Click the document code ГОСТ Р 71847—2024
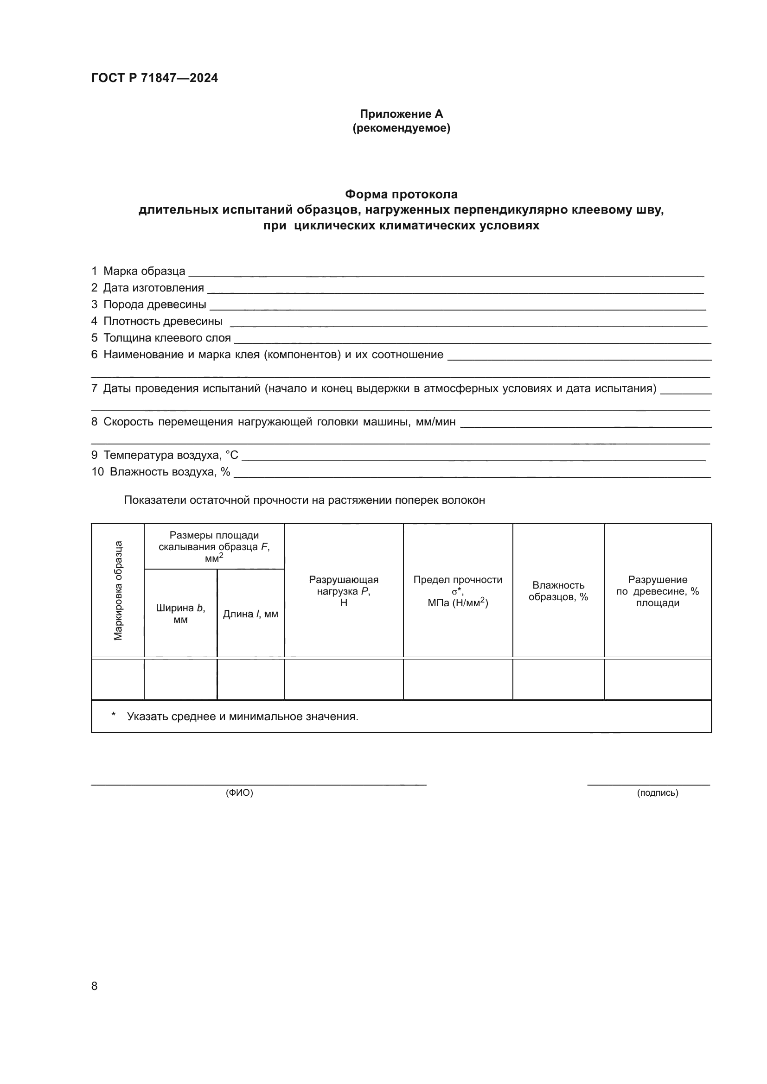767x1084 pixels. [154, 78]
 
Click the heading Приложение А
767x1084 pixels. [401, 114]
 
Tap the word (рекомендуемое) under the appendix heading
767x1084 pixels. [401, 128]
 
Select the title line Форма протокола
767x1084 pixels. [401, 195]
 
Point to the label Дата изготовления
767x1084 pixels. [153, 288]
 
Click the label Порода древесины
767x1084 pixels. [154, 304]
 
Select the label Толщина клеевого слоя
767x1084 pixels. [167, 338]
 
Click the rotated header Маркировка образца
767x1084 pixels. [118, 590]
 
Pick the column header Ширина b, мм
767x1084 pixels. [180, 613]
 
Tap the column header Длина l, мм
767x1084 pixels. [250, 614]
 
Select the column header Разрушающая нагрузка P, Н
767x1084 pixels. [343, 590]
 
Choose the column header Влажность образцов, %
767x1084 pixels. [558, 590]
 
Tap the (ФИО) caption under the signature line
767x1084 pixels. [239, 792]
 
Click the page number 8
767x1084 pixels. [95, 986]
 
